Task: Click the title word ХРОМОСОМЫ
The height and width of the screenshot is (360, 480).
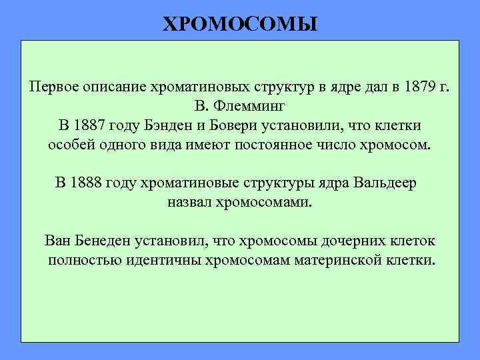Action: (241, 25)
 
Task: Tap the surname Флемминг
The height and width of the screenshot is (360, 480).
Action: (252, 107)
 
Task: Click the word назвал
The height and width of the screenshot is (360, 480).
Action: (190, 202)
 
